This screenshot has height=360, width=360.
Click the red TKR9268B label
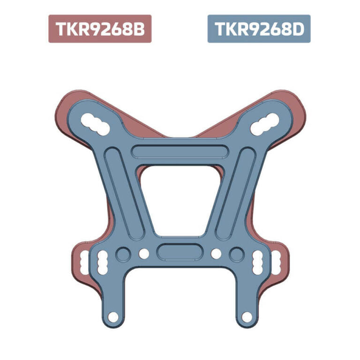pyautogui.click(x=99, y=29)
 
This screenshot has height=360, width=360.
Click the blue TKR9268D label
pyautogui.click(x=259, y=29)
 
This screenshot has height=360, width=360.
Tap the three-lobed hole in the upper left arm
pyautogui.click(x=94, y=122)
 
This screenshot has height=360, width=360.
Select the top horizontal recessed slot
pyautogui.click(x=180, y=151)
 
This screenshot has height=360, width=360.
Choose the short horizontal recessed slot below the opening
pyautogui.click(x=180, y=252)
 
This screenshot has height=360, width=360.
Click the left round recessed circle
pyautogui.click(x=124, y=254)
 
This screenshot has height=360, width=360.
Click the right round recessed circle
pyautogui.click(x=236, y=254)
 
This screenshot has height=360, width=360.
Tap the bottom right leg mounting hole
pyautogui.click(x=247, y=317)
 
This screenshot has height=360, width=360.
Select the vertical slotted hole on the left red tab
pyautogui.click(x=84, y=262)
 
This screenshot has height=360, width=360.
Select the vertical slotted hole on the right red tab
pyautogui.click(x=276, y=262)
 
